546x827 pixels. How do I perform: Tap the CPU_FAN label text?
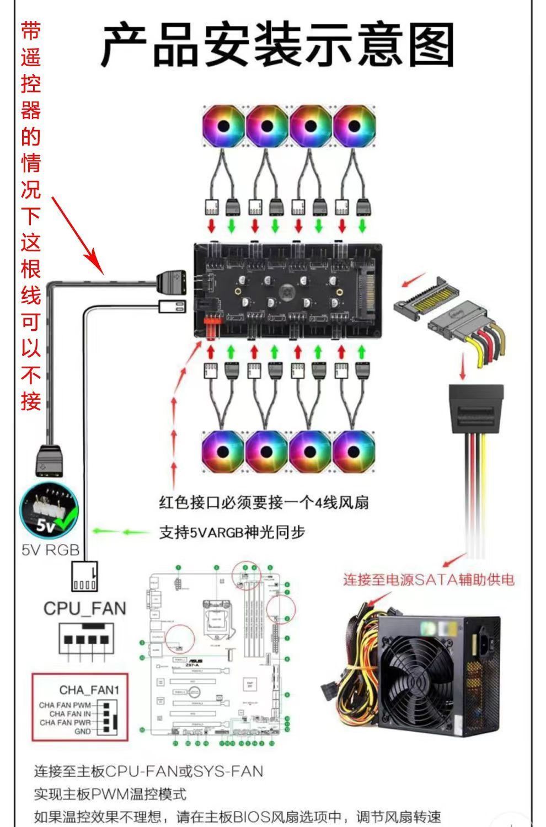(84, 609)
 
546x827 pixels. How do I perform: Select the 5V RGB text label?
(50, 550)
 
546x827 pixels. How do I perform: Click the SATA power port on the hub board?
(366, 289)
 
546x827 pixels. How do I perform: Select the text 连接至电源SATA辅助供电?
(429, 579)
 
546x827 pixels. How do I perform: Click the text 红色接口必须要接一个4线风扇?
(264, 502)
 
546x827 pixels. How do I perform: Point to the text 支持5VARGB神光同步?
(232, 532)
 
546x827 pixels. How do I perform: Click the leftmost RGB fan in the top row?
(223, 126)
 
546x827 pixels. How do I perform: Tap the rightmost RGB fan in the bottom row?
(354, 451)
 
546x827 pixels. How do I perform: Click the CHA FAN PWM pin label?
(65, 705)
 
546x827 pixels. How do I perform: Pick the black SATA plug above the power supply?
(476, 407)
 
